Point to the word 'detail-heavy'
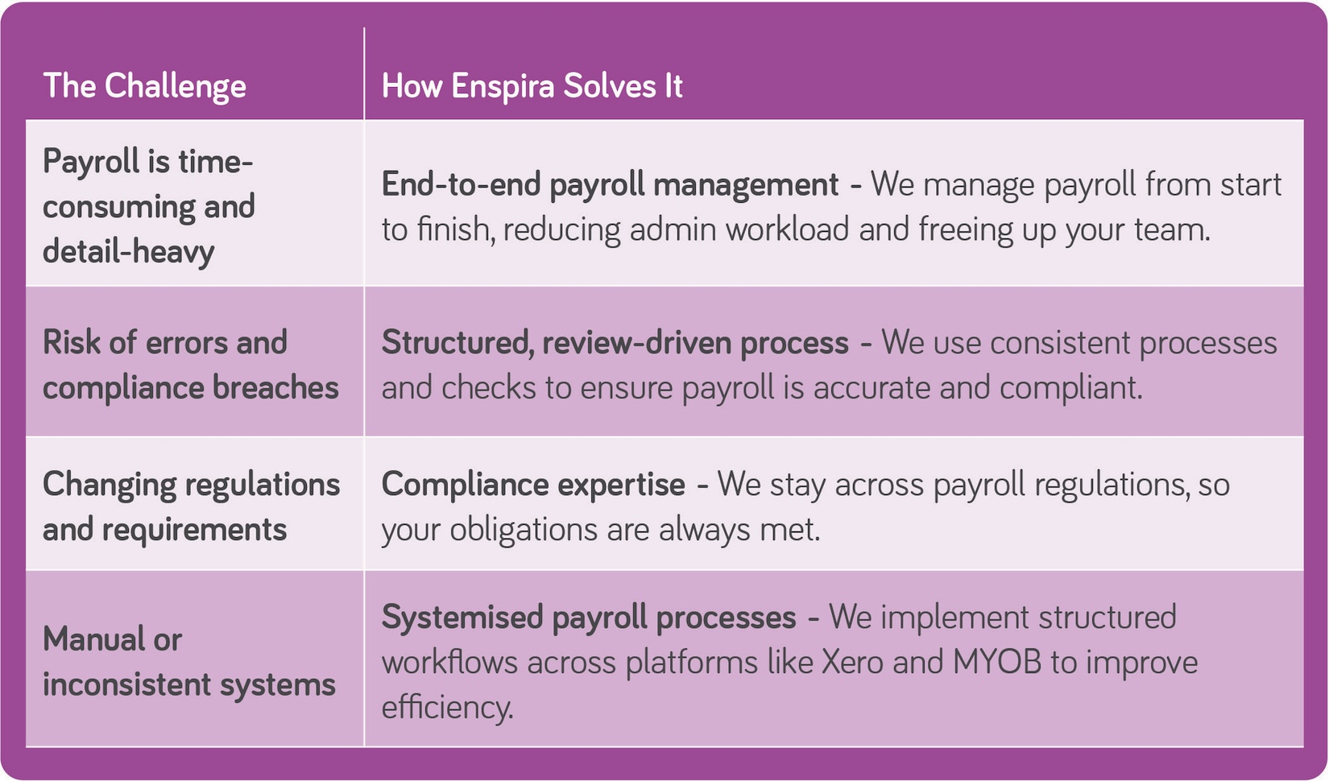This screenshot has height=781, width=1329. tap(128, 252)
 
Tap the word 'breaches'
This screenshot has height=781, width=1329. tap(275, 388)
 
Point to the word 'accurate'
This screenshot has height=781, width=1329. tap(871, 388)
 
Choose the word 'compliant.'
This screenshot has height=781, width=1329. tap(1071, 388)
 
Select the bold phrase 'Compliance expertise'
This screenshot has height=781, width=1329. tap(532, 485)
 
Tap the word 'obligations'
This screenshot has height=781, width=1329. tap(523, 530)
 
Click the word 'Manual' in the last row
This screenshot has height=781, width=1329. tap(93, 639)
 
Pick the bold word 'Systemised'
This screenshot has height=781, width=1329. tap(462, 618)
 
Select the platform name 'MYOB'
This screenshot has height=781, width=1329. tap(997, 663)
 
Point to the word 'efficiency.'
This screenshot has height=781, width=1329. tap(447, 708)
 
